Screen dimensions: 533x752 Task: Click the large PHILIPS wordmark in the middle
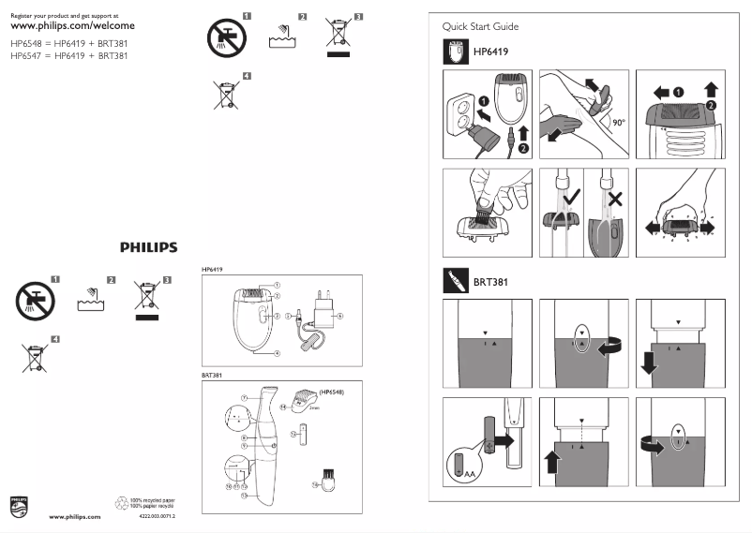(148, 247)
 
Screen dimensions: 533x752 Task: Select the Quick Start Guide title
(480, 27)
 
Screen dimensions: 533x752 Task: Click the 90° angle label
(618, 122)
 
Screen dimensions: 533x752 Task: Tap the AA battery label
(469, 474)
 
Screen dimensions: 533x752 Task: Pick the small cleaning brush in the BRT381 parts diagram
(327, 480)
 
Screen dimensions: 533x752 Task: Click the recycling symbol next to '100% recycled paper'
(120, 502)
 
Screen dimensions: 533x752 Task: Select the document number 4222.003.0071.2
(157, 516)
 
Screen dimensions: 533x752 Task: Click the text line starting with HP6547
(68, 56)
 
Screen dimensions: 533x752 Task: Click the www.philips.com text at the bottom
(75, 516)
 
